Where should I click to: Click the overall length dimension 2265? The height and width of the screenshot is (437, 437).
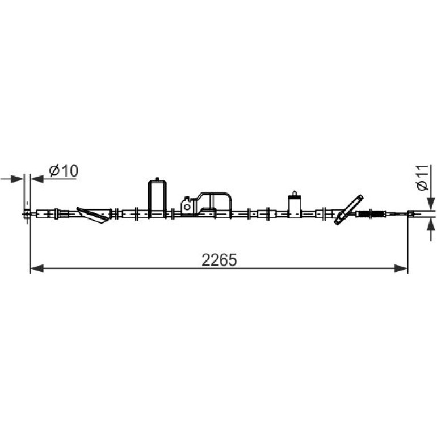pos(219,260)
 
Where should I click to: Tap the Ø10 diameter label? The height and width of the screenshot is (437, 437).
pos(64,171)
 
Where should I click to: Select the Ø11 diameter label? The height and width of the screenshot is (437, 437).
pos(423,178)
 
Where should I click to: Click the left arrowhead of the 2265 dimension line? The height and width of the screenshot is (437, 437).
pos(37,268)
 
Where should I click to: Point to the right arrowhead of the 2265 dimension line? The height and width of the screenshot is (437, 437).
pos(401,268)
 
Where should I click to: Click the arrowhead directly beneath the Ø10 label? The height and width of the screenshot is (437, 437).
pos(37,179)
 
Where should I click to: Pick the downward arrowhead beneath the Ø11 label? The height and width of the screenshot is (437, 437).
pos(431,203)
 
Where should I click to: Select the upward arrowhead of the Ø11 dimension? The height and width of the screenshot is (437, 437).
pos(431,224)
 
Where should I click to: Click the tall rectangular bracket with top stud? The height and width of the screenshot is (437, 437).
pos(157,199)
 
